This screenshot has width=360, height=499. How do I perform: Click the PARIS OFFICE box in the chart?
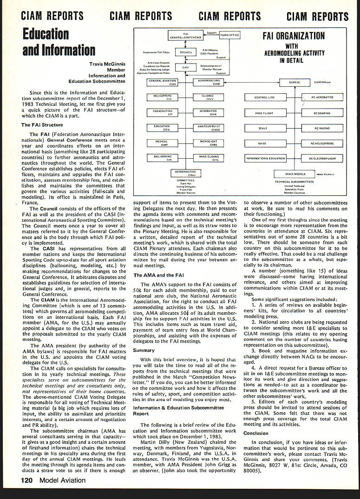click(x=230, y=35)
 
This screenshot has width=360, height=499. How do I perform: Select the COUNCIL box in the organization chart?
click(x=186, y=52)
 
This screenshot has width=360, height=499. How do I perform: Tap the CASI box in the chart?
click(x=186, y=67)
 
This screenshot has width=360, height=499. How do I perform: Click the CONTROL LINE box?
click(x=264, y=97)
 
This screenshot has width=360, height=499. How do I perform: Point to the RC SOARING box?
click(x=322, y=113)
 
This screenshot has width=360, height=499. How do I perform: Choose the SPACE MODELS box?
click(x=296, y=174)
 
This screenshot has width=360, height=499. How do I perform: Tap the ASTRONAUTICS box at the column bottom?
click(x=186, y=173)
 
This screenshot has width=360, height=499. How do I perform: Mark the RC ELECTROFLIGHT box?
click(x=322, y=158)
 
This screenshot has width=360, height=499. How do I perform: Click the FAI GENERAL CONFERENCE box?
click(x=186, y=35)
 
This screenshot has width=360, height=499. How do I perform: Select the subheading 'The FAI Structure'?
click(x=41, y=125)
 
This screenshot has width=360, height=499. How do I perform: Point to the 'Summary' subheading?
click(x=144, y=350)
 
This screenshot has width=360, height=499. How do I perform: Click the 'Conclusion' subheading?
click(x=256, y=433)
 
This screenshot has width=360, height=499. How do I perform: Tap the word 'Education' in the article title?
click(x=46, y=34)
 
